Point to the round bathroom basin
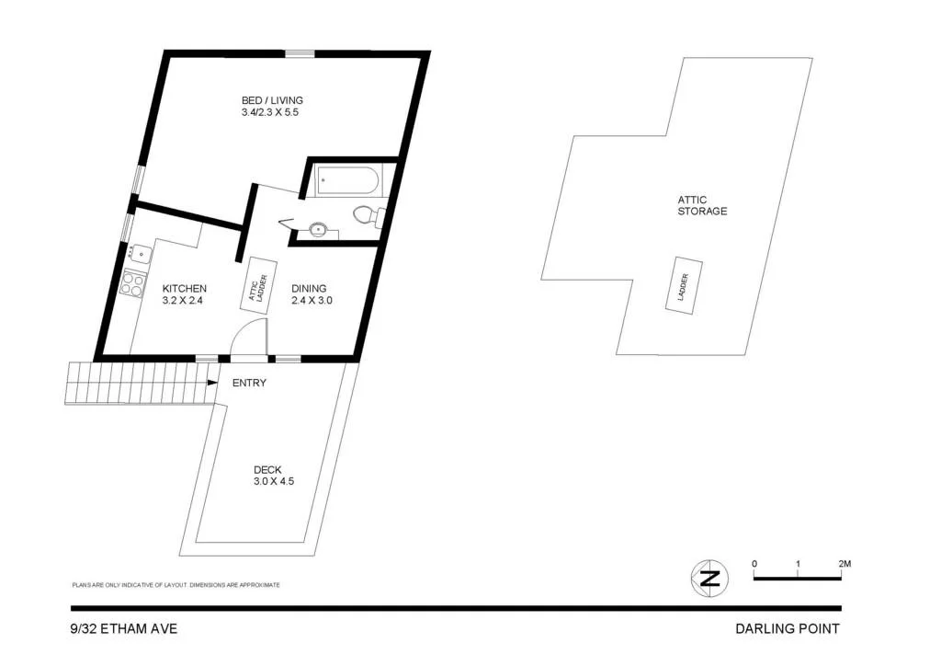[x=319, y=229]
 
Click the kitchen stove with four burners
[x=132, y=283]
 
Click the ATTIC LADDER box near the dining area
[x=258, y=287]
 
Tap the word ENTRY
[x=249, y=383]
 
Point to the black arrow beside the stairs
[x=211, y=383]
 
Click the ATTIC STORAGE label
[x=702, y=205]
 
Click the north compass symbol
[x=709, y=579]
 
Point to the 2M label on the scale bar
[x=844, y=563]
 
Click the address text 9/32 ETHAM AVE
[x=124, y=629]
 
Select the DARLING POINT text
[x=787, y=629]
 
